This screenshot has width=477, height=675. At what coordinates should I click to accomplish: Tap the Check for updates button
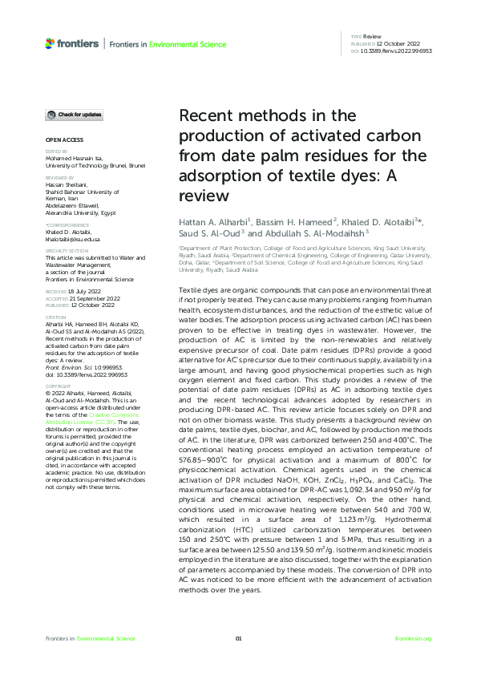pyautogui.click(x=73, y=115)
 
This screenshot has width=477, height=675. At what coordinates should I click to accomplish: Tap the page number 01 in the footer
pyautogui.click(x=238, y=638)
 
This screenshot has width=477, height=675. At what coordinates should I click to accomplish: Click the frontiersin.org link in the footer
pyautogui.click(x=414, y=638)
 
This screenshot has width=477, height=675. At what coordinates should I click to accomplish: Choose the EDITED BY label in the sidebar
pyautogui.click(x=57, y=151)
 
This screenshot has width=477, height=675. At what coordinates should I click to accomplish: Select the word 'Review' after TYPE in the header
pyautogui.click(x=372, y=37)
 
